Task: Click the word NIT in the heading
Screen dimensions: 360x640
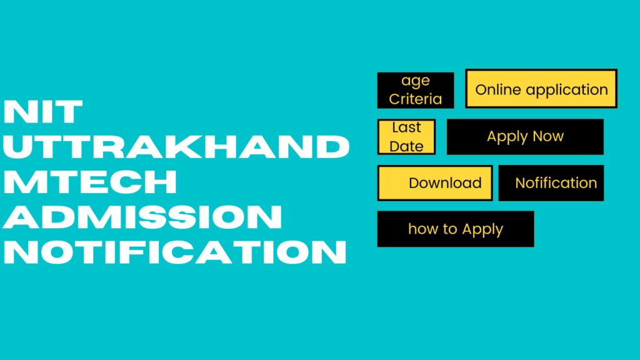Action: click(43, 112)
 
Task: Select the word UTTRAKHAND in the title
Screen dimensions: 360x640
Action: click(176, 147)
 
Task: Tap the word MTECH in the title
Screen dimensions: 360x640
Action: click(91, 182)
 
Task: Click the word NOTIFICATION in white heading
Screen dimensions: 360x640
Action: click(175, 252)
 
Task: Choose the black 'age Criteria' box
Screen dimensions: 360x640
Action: click(416, 90)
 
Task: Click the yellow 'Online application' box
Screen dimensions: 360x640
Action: click(541, 89)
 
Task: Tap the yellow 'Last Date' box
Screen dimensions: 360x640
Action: click(406, 137)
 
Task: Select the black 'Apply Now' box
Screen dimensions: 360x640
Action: click(525, 137)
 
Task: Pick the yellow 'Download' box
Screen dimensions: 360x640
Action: click(435, 183)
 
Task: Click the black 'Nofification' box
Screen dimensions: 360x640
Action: click(551, 183)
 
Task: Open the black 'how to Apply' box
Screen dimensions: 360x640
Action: click(456, 229)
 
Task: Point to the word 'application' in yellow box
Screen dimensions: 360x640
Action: click(567, 90)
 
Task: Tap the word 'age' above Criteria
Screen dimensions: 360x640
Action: click(416, 81)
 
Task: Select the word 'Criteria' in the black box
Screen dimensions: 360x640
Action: click(416, 99)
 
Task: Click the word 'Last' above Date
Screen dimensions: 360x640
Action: click(406, 127)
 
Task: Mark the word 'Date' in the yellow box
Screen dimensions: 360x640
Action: click(406, 146)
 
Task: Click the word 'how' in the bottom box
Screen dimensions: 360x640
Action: click(424, 229)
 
